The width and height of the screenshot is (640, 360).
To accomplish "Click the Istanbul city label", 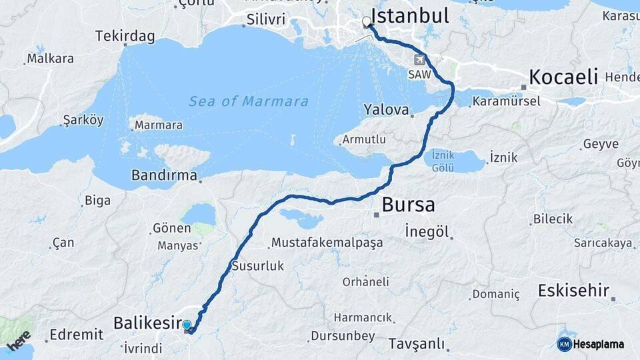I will [409, 15].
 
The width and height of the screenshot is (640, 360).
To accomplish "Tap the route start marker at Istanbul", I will [366, 22].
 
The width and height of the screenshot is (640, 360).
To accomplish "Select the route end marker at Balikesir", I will [187, 326].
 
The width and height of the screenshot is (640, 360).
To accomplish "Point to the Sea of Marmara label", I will [249, 101].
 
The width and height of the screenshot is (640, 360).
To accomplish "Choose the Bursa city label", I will [409, 204].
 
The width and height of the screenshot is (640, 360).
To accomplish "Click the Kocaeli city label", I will [563, 77].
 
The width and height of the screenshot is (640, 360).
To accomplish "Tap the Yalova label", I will [385, 109].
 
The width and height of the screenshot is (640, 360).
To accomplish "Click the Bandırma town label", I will [165, 176].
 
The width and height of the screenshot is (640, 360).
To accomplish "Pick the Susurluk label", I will [257, 266].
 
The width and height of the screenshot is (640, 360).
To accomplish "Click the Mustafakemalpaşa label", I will [327, 243].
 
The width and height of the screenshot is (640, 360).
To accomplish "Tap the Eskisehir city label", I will [573, 291].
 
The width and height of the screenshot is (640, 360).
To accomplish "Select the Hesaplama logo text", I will [598, 344].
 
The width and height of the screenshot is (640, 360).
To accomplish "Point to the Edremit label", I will [76, 334].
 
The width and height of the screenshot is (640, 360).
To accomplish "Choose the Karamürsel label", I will [506, 102].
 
